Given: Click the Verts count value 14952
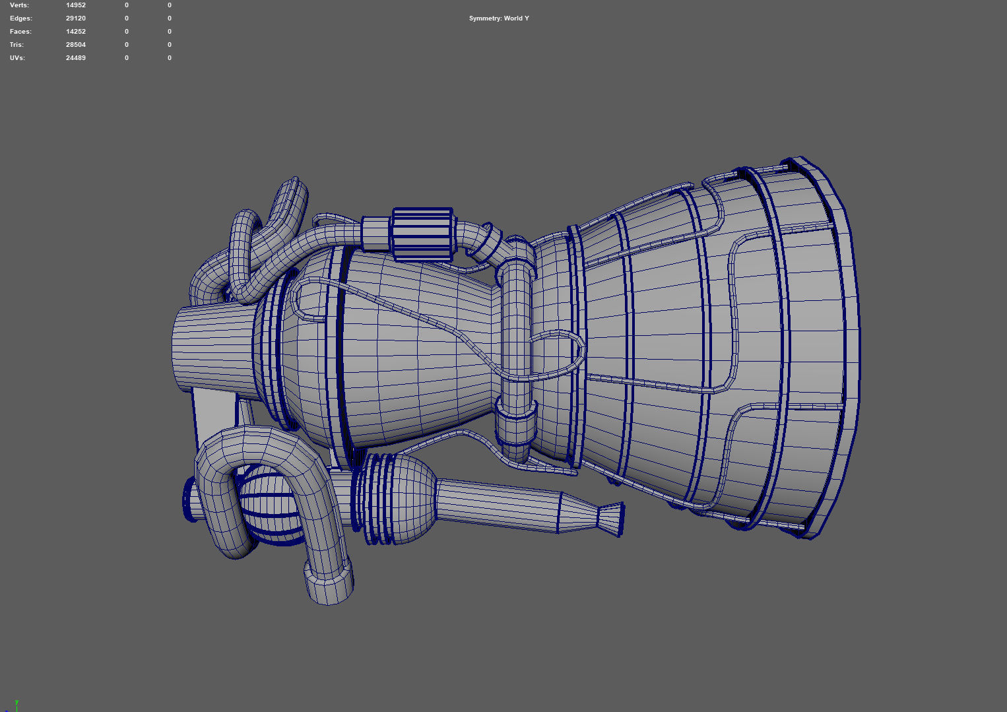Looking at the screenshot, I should click(75, 5).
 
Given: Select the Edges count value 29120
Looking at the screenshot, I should click(75, 18).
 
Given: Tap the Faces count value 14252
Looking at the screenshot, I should click(75, 32).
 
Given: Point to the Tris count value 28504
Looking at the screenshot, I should click(75, 45).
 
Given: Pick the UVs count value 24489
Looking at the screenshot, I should click(75, 58).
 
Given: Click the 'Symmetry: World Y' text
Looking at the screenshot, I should click(499, 18).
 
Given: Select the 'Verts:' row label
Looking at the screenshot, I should click(19, 5).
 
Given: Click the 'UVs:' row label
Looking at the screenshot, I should click(17, 58).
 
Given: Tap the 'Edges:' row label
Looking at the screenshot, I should click(20, 18).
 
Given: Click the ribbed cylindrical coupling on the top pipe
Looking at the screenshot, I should click(422, 235).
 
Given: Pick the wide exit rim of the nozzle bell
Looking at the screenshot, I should click(838, 343).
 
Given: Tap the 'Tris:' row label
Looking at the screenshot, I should click(16, 45).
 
